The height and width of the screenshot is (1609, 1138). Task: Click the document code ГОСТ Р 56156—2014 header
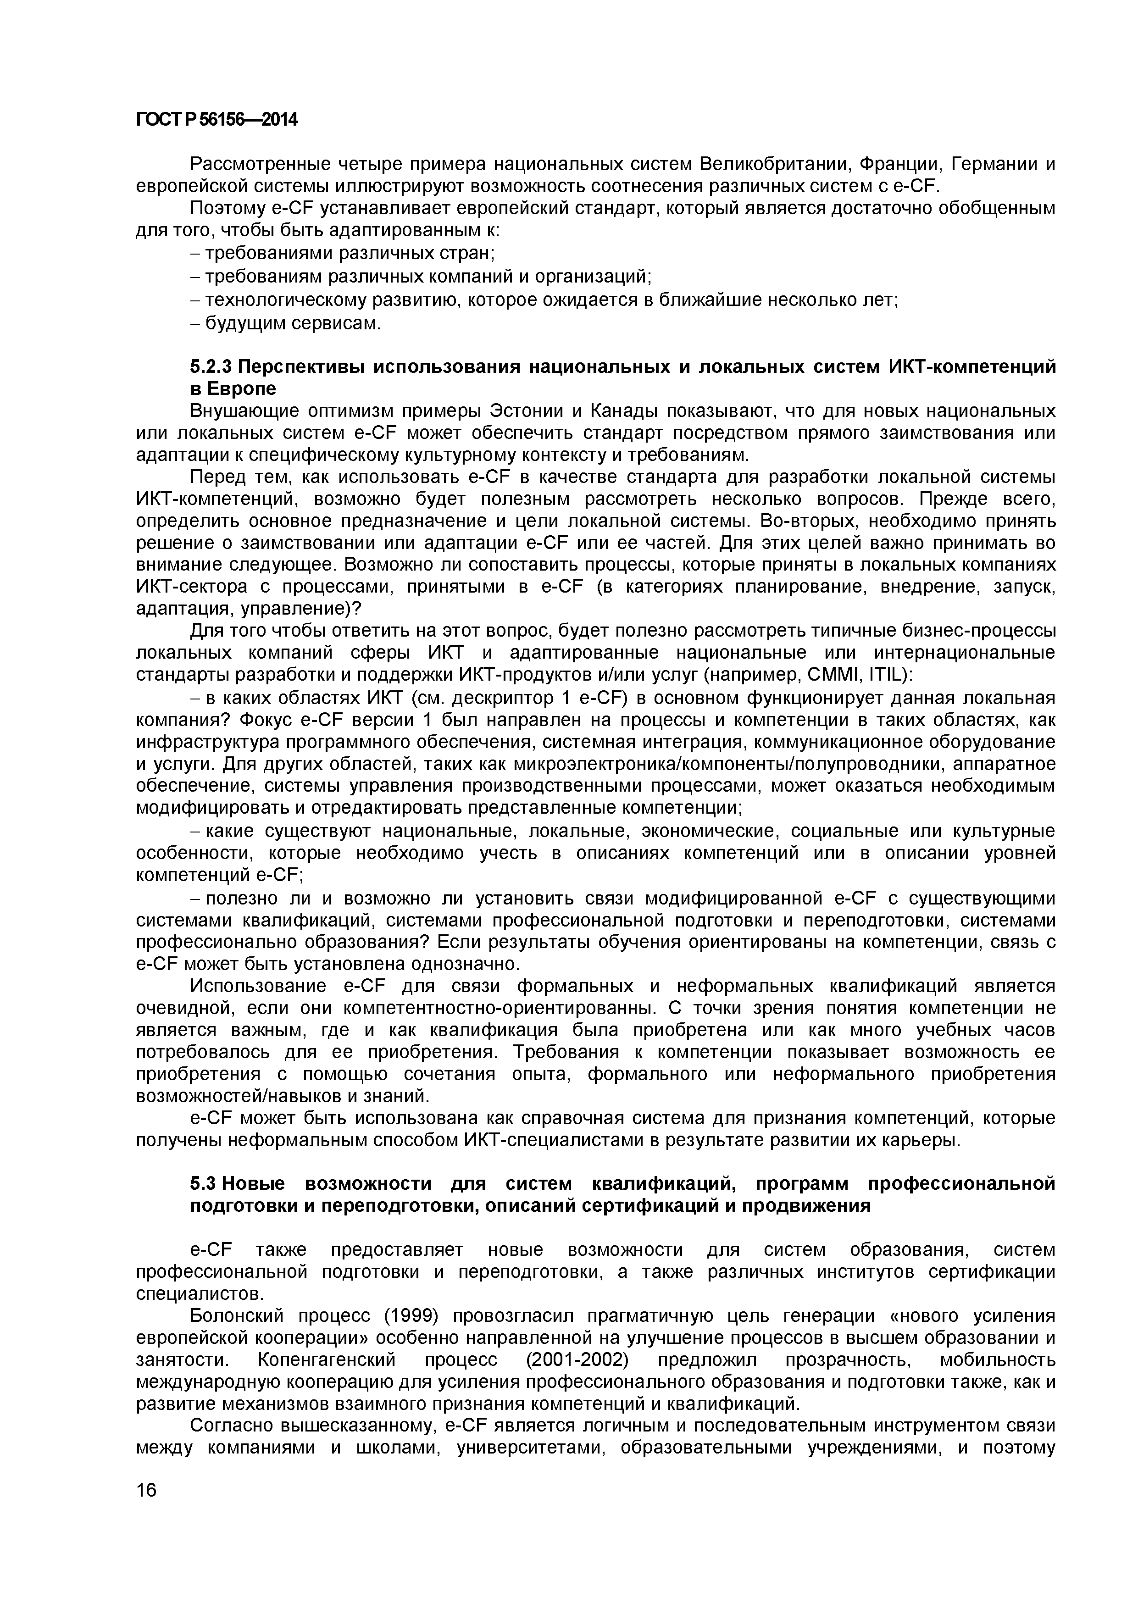tap(216, 121)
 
